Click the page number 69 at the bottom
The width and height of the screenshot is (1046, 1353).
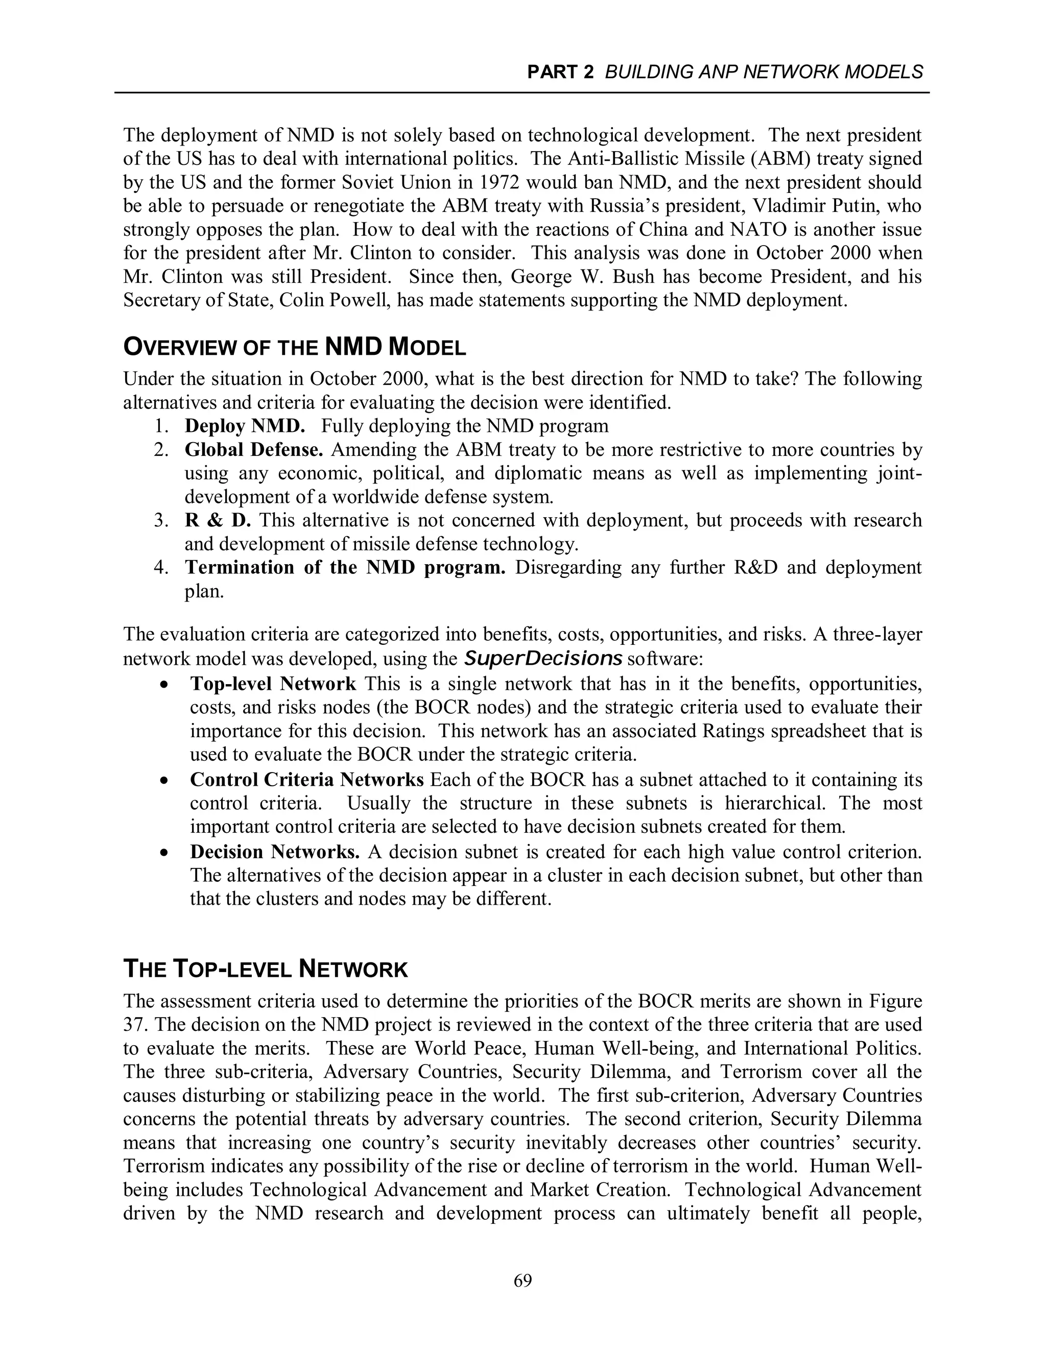(522, 1280)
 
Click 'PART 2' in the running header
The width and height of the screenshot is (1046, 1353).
(560, 73)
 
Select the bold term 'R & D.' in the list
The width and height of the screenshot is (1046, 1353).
(218, 520)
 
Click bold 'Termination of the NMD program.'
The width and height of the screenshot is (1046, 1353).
(345, 567)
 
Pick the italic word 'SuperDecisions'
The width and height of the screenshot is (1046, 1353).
(543, 658)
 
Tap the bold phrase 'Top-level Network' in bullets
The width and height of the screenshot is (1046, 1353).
(273, 684)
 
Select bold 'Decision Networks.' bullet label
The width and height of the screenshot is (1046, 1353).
(274, 852)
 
